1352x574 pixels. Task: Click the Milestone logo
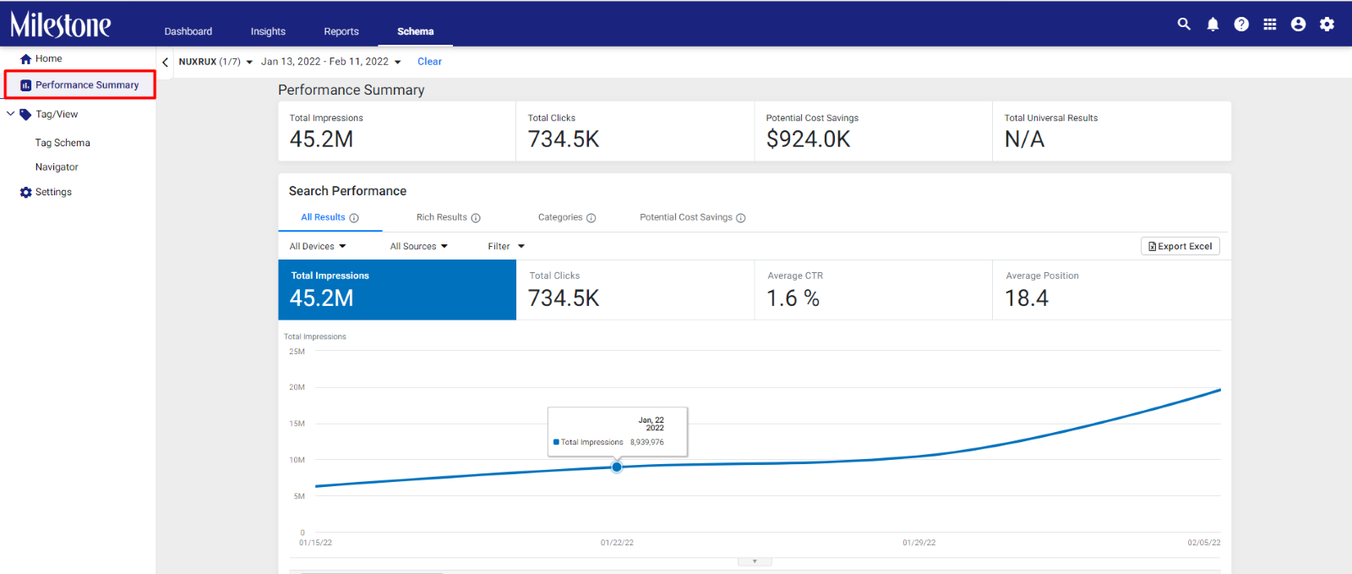pyautogui.click(x=60, y=25)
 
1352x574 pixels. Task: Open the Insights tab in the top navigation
pyautogui.click(x=268, y=31)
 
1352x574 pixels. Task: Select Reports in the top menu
pyautogui.click(x=341, y=31)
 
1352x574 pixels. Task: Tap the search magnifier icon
pyautogui.click(x=1184, y=25)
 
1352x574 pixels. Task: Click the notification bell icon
pyautogui.click(x=1213, y=25)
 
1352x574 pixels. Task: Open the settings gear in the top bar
pyautogui.click(x=1327, y=25)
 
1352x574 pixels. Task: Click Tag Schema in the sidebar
pyautogui.click(x=63, y=143)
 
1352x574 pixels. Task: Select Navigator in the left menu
pyautogui.click(x=57, y=167)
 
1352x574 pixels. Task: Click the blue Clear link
pyautogui.click(x=430, y=62)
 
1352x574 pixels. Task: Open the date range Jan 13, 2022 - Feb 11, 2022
pyautogui.click(x=330, y=62)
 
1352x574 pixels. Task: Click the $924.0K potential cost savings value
pyautogui.click(x=808, y=139)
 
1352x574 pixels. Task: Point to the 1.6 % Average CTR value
pyautogui.click(x=793, y=298)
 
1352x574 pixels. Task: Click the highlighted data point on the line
pyautogui.click(x=616, y=467)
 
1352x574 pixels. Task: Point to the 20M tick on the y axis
pyautogui.click(x=297, y=387)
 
